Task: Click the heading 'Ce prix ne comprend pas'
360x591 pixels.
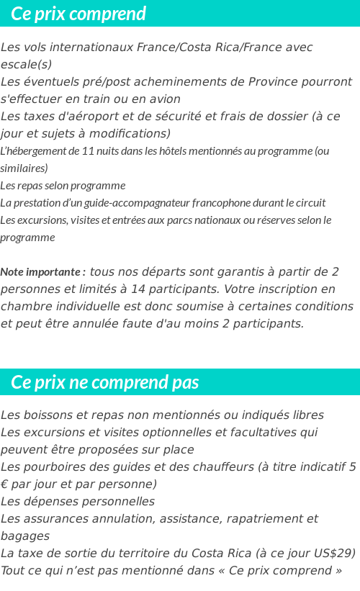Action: (105, 382)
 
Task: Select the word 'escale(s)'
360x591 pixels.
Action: (27, 65)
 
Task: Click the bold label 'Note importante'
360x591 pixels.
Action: (41, 272)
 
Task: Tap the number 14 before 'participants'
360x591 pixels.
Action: (283, 289)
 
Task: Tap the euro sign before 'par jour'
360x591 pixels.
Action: (5, 484)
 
